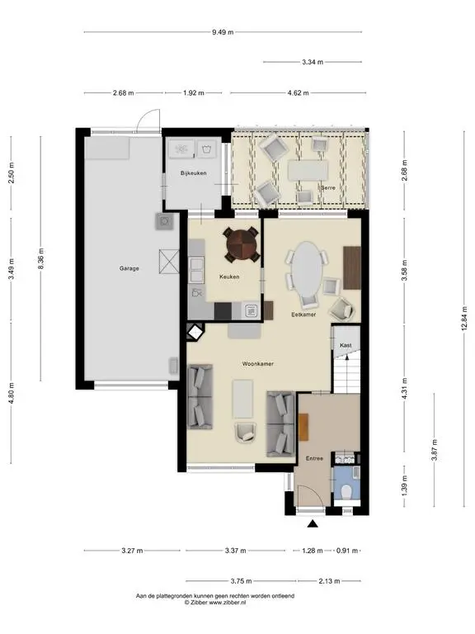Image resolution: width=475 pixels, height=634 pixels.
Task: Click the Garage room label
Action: pyautogui.click(x=129, y=268)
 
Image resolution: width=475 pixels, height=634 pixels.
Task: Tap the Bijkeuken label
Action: pyautogui.click(x=194, y=173)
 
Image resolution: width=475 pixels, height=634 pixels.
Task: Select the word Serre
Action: pyautogui.click(x=328, y=187)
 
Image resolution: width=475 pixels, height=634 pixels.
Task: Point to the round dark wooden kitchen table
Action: pyautogui.click(x=242, y=244)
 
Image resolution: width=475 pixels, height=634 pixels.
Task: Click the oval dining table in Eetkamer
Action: pyautogui.click(x=307, y=269)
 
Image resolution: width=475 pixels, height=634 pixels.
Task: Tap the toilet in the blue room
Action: pyautogui.click(x=346, y=492)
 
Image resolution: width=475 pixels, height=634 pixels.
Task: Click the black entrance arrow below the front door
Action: pyautogui.click(x=313, y=523)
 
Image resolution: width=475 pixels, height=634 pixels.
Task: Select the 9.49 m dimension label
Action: pyautogui.click(x=223, y=32)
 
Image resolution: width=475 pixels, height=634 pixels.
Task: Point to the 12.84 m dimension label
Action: pyautogui.click(x=464, y=317)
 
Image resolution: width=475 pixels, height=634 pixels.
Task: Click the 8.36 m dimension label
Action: pyautogui.click(x=40, y=258)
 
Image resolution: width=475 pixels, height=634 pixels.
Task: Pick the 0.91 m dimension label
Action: pyautogui.click(x=347, y=551)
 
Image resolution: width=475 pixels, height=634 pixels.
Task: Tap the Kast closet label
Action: pyautogui.click(x=346, y=345)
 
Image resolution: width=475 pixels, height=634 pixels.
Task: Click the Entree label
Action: pyautogui.click(x=314, y=458)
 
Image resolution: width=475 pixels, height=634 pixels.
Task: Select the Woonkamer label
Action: pyautogui.click(x=257, y=363)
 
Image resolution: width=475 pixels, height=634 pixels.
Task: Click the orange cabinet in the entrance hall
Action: pyautogui.click(x=303, y=427)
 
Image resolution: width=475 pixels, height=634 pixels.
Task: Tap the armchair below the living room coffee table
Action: pyautogui.click(x=246, y=432)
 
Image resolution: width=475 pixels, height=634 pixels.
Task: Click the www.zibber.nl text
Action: pyautogui.click(x=227, y=602)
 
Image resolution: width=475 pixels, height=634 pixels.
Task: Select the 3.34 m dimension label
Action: pyautogui.click(x=313, y=62)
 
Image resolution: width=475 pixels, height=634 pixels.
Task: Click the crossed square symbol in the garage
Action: pyautogui.click(x=168, y=262)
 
